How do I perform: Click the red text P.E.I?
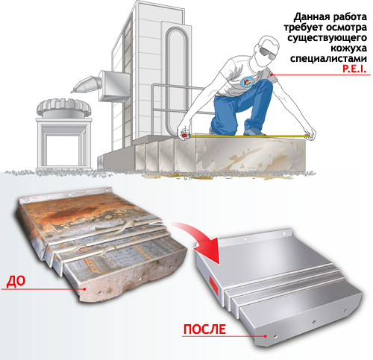[x=354, y=69]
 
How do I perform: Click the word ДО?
[x=16, y=281]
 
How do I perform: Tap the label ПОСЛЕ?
[x=204, y=329]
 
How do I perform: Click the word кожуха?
[x=348, y=48]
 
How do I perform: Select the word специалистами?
[x=328, y=58]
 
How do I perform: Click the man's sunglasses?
[x=267, y=53]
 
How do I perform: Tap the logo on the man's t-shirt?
[x=247, y=82]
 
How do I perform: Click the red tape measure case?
[x=185, y=135]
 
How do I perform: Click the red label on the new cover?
[x=214, y=285]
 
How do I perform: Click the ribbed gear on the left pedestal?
[x=64, y=107]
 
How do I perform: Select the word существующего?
[x=327, y=38]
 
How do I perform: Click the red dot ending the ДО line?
[x=85, y=289]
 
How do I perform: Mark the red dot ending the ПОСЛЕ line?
[x=266, y=336]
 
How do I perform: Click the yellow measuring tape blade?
[x=248, y=136]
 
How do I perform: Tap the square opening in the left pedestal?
[x=64, y=151]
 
